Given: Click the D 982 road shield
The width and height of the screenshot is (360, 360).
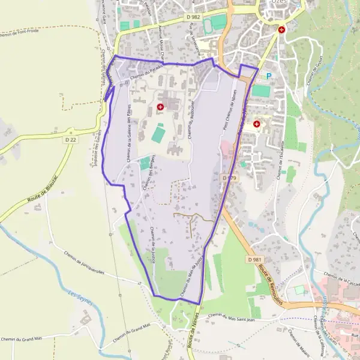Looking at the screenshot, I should click(x=194, y=17).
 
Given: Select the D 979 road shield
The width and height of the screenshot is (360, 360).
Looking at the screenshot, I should click(x=230, y=178).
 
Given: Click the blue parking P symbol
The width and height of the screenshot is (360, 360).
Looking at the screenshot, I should click(x=269, y=76).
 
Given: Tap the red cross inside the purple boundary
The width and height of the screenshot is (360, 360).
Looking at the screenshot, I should click(x=160, y=107).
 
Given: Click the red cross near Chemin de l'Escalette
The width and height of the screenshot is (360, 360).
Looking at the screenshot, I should click(x=257, y=124).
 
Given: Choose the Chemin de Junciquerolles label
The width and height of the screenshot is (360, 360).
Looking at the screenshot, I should click(x=84, y=262).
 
